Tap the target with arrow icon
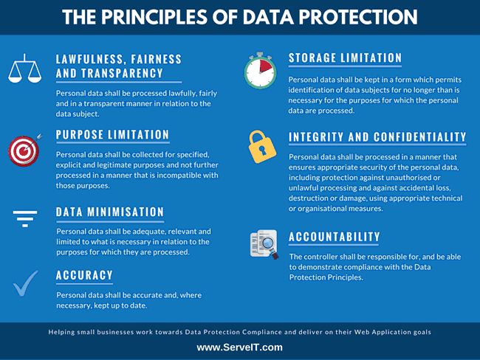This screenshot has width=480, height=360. click(x=24, y=150)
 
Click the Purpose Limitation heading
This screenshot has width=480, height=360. click(x=113, y=135)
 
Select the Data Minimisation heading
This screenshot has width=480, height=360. click(x=110, y=212)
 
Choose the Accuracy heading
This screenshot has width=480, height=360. click(x=85, y=275)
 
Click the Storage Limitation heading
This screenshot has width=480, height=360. click(x=345, y=58)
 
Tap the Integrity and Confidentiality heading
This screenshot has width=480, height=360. click(x=377, y=136)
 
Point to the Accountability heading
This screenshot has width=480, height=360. click(x=335, y=237)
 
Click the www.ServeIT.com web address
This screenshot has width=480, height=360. click(x=239, y=347)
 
